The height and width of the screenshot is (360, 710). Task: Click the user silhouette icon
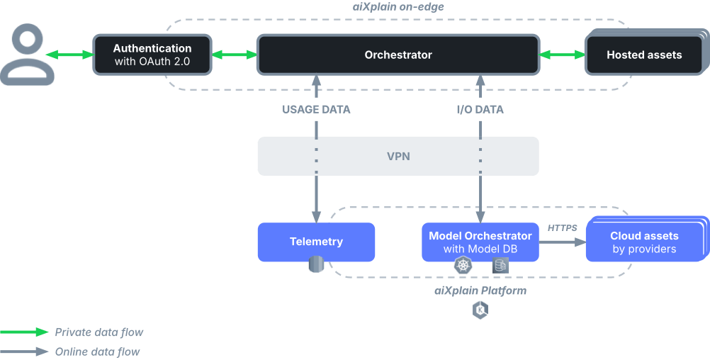27,55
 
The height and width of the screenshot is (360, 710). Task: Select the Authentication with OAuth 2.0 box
152,55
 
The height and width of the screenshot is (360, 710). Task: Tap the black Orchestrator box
398,55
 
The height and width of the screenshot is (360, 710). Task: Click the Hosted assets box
643,55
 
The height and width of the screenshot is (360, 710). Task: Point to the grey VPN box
398,156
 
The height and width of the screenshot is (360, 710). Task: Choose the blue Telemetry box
316,242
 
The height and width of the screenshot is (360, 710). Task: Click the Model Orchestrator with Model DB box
480,242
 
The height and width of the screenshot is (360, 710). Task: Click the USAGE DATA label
316,109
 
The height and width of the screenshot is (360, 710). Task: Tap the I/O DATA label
480,109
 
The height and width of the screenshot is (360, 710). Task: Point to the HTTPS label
562,227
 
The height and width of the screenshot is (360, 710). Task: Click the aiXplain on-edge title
398,7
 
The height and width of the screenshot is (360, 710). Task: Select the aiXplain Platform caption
480,291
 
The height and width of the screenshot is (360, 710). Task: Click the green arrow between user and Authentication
69,55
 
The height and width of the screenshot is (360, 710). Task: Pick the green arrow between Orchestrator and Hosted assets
561,55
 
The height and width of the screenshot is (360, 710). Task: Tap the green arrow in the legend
25,332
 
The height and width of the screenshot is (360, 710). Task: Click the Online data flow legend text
97,351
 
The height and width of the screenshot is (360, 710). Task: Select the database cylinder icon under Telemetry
316,265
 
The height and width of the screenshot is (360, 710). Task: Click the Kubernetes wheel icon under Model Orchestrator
463,266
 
